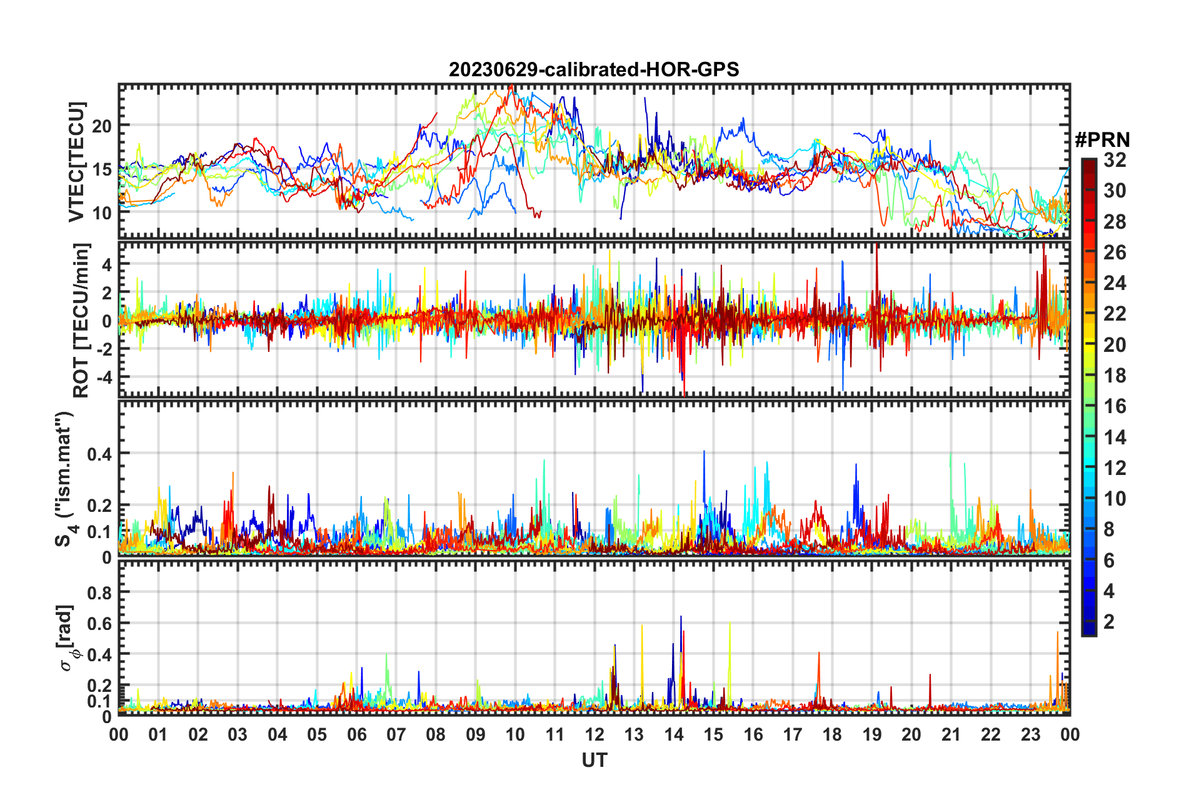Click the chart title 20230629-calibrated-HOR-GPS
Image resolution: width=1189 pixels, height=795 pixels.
[594, 69]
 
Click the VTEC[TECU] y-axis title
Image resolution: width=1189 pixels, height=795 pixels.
[77, 162]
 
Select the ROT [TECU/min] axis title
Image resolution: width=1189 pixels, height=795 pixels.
[81, 321]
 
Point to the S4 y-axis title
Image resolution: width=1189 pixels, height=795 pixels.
[65, 478]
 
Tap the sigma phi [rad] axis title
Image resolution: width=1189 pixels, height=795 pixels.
[67, 637]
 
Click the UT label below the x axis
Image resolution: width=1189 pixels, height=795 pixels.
[594, 761]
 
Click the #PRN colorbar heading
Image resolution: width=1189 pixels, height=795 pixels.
[1102, 140]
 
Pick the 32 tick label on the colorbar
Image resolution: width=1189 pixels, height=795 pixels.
[1115, 160]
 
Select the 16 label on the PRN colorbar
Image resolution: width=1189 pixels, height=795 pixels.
[1115, 406]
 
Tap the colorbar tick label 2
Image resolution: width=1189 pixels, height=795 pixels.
[1109, 622]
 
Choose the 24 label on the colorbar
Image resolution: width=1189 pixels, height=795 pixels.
[1115, 283]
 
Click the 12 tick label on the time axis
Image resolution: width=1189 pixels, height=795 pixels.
[594, 734]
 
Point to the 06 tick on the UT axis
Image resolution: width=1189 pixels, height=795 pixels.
[356, 734]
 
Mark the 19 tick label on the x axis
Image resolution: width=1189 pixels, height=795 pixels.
[871, 734]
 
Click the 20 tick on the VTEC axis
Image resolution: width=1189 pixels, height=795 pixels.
[102, 126]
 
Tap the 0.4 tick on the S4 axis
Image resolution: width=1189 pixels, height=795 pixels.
[99, 454]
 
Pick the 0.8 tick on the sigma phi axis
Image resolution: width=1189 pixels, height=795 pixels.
[99, 592]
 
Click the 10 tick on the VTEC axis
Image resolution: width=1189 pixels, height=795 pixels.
[102, 213]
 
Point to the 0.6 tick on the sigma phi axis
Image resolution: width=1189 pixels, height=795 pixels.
[99, 624]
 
